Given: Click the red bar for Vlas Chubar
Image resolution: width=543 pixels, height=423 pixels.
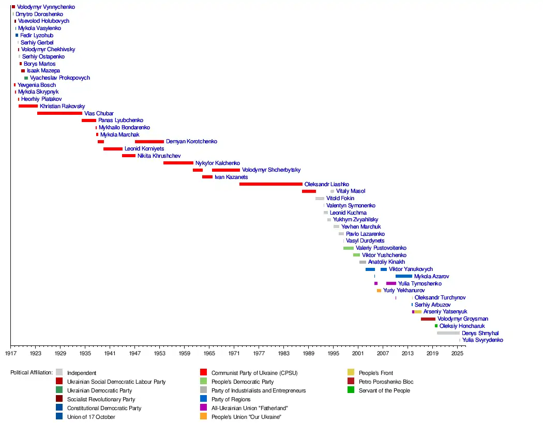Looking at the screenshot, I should pyautogui.click(x=59, y=113).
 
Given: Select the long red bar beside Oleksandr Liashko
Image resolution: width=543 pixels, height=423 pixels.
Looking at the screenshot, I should pyautogui.click(x=270, y=184).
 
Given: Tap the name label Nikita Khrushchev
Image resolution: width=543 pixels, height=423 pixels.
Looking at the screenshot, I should pyautogui.click(x=159, y=156).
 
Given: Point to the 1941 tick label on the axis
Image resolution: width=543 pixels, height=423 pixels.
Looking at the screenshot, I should pyautogui.click(x=110, y=353).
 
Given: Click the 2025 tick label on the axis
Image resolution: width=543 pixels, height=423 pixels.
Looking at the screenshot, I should pyautogui.click(x=457, y=353).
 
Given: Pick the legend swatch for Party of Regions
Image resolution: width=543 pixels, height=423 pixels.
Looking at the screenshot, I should pyautogui.click(x=204, y=399).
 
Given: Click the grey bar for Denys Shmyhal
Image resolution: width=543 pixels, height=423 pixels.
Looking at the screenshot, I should pyautogui.click(x=448, y=333).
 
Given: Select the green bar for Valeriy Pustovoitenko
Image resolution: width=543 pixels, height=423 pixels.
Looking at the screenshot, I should pyautogui.click(x=348, y=248).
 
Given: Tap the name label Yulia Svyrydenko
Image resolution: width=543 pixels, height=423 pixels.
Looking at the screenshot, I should pyautogui.click(x=482, y=340).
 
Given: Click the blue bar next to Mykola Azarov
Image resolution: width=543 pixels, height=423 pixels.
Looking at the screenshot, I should pyautogui.click(x=403, y=276).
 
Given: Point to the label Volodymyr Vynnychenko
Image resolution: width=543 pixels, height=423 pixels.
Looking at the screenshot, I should pyautogui.click(x=46, y=7).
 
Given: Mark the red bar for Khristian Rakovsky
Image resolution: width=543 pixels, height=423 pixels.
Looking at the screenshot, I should pyautogui.click(x=28, y=106).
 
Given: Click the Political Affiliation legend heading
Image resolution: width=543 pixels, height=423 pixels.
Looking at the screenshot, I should pyautogui.click(x=32, y=372).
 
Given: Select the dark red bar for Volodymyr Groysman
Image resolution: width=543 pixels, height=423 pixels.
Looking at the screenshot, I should pyautogui.click(x=428, y=319).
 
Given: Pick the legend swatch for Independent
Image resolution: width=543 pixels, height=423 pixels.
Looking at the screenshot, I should pyautogui.click(x=59, y=372).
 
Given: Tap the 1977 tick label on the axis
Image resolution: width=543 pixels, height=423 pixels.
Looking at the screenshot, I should pyautogui.click(x=259, y=353).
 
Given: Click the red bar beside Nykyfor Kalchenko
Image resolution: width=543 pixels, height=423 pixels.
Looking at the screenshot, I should pyautogui.click(x=178, y=163).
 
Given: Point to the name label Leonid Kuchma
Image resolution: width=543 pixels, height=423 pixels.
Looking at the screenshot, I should pyautogui.click(x=348, y=213).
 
